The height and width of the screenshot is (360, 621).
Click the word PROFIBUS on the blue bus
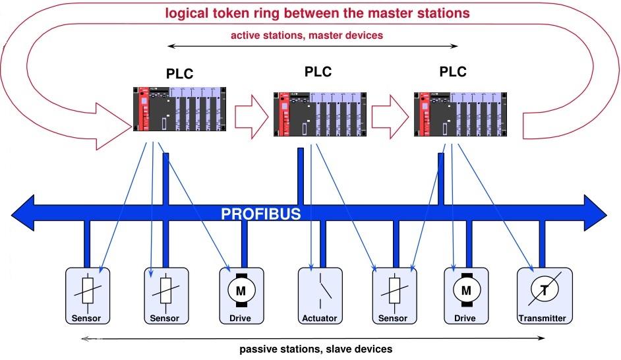(261, 214)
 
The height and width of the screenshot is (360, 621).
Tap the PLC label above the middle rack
(318, 71)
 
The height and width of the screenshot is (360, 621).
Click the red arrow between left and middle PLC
(251, 116)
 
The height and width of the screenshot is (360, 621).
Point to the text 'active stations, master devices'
(307, 36)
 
